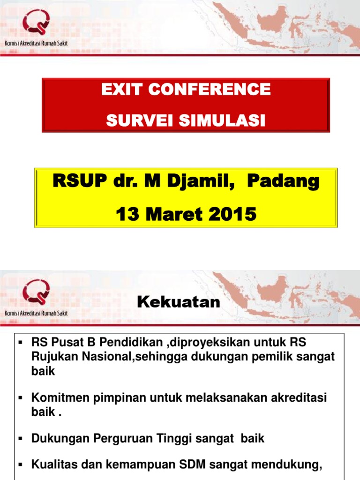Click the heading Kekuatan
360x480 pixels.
click(x=179, y=302)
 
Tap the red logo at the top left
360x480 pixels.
click(x=36, y=23)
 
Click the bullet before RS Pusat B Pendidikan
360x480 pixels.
click(x=20, y=342)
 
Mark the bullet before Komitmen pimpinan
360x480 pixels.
click(x=20, y=398)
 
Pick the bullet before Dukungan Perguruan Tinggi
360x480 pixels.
click(x=20, y=439)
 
